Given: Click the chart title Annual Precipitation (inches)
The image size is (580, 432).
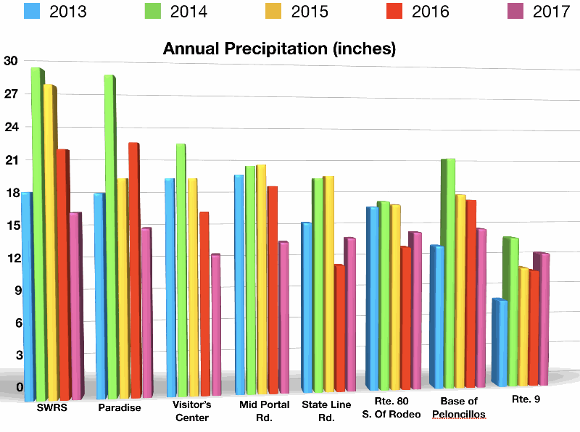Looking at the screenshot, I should point(279,49).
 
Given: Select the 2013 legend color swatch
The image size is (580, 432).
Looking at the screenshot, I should point(33,12).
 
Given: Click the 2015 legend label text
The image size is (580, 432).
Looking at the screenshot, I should point(310,12).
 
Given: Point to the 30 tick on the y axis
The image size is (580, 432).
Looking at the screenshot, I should point(10,60).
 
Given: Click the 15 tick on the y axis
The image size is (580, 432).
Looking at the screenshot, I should point(10,225).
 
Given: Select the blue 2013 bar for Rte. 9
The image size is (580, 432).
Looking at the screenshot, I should point(499,341).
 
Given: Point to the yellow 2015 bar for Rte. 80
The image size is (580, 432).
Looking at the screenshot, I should point(395,297).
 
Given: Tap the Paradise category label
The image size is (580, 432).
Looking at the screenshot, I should point(119,407).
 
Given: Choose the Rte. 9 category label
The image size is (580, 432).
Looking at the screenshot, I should point(527,398).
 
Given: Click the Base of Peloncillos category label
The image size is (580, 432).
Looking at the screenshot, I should point(459,407).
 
